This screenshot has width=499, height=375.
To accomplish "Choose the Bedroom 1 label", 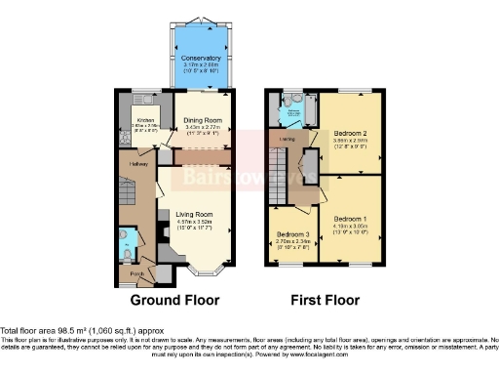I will [x=351, y=218].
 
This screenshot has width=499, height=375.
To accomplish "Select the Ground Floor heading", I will [x=174, y=300].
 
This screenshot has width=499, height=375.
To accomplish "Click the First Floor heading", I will [x=323, y=300].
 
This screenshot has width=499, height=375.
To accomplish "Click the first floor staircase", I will [x=281, y=166].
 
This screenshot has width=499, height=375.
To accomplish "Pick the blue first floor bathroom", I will [x=292, y=111].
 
